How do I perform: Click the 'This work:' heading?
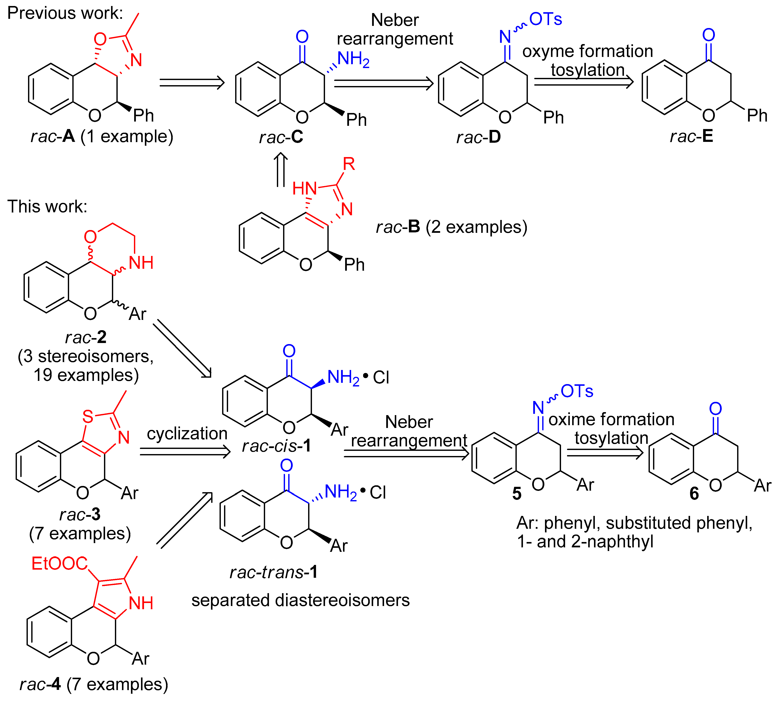coord(47,206)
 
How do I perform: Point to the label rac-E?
coord(691,136)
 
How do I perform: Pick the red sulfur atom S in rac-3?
coord(88,416)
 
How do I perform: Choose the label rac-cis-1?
coord(276,446)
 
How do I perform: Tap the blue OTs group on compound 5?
coord(577,391)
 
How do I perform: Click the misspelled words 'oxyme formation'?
coord(587,51)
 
